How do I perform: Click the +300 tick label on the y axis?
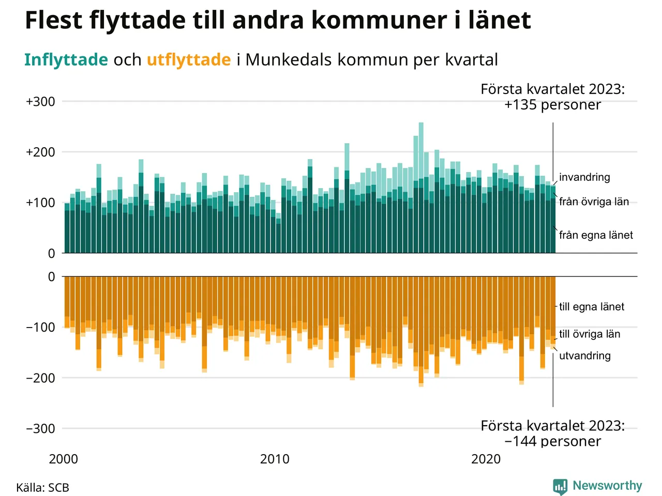pyautogui.click(x=40, y=102)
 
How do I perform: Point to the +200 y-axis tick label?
pyautogui.click(x=40, y=152)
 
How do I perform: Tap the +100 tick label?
pyautogui.click(x=40, y=203)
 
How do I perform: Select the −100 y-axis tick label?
pyautogui.click(x=40, y=328)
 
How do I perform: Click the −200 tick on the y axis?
pyautogui.click(x=40, y=378)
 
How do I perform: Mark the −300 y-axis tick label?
pyautogui.click(x=40, y=429)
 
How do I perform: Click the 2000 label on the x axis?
pyautogui.click(x=64, y=459)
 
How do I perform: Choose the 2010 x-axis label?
pyautogui.click(x=275, y=459)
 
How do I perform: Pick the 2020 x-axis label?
pyautogui.click(x=486, y=459)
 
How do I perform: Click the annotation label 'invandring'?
pyautogui.click(x=584, y=177)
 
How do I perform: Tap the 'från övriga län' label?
pyautogui.click(x=594, y=202)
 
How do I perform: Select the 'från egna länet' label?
pyautogui.click(x=596, y=235)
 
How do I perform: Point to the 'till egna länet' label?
pyautogui.click(x=592, y=307)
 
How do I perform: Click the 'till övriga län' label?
pyautogui.click(x=590, y=334)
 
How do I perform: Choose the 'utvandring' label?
pyautogui.click(x=585, y=356)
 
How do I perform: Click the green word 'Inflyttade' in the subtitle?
pyautogui.click(x=66, y=60)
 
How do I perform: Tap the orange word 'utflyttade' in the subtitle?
pyautogui.click(x=189, y=60)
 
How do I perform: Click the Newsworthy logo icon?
pyautogui.click(x=560, y=486)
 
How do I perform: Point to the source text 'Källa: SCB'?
pyautogui.click(x=42, y=488)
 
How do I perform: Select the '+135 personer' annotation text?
pyautogui.click(x=552, y=105)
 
